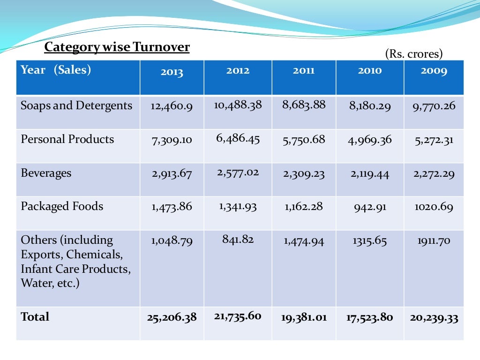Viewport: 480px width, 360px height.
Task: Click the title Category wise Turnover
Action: click(117, 47)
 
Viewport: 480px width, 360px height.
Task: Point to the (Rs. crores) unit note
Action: click(414, 54)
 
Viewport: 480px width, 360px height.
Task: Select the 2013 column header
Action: click(172, 72)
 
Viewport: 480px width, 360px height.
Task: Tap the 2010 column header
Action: click(370, 71)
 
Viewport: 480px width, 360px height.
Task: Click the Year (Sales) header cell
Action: click(56, 70)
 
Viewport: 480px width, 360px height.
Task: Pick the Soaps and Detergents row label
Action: click(76, 105)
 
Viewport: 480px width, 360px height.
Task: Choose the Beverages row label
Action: click(46, 173)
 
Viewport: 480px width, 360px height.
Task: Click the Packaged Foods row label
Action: click(62, 206)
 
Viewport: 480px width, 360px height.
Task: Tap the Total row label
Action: click(35, 317)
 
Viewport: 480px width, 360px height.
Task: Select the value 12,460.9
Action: click(172, 106)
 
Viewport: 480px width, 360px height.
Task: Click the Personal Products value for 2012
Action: click(238, 138)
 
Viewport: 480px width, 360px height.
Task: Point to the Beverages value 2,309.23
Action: click(303, 174)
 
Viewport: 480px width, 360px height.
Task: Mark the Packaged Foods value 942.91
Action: click(370, 207)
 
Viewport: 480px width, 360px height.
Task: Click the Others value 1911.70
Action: click(434, 241)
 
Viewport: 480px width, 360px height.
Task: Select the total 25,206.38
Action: click(172, 318)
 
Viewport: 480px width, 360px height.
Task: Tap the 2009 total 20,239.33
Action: click(434, 318)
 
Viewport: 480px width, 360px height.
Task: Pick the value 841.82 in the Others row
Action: click(238, 240)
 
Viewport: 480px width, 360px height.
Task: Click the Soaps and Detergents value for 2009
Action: click(434, 106)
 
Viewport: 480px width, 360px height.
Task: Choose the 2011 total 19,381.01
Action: click(303, 318)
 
